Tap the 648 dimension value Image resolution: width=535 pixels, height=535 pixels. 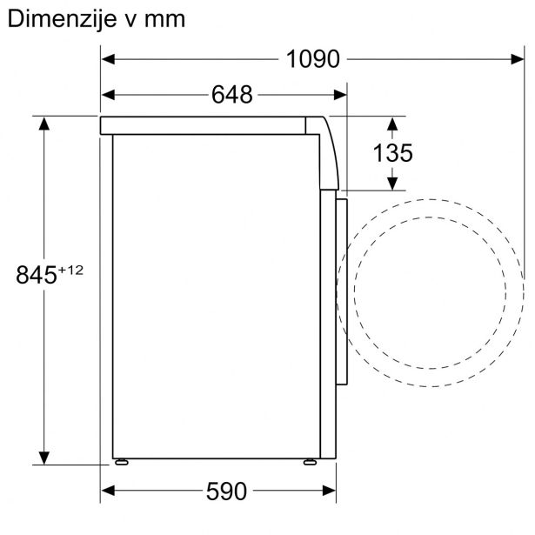[x=231, y=94]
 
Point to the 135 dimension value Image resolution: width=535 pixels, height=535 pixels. [x=392, y=153]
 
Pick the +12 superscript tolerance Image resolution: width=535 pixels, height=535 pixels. [x=70, y=270]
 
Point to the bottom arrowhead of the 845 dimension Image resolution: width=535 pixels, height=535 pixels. [x=44, y=458]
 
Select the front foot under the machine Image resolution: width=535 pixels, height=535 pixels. [x=309, y=461]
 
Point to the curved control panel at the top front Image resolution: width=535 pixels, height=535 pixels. [x=327, y=152]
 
